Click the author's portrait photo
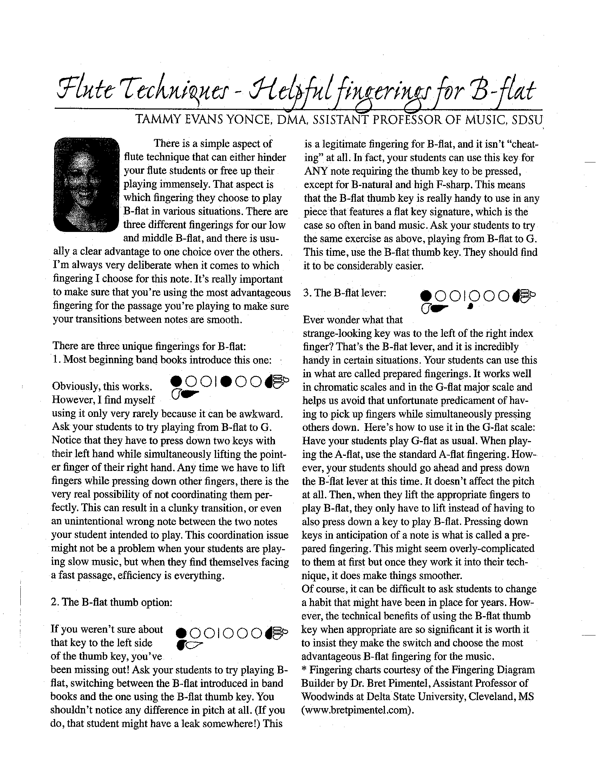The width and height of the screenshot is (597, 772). [86, 185]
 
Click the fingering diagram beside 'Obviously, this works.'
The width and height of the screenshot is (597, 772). [229, 386]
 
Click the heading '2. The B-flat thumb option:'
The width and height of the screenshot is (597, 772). [111, 602]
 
